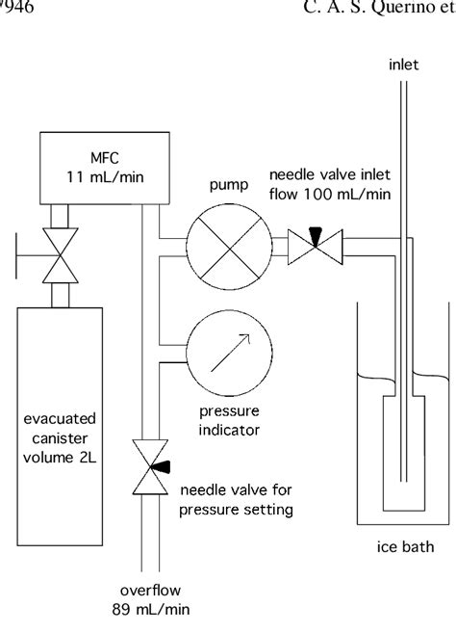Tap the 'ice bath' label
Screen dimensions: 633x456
(x=403, y=553)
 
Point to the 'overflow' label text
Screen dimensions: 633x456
(x=143, y=590)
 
